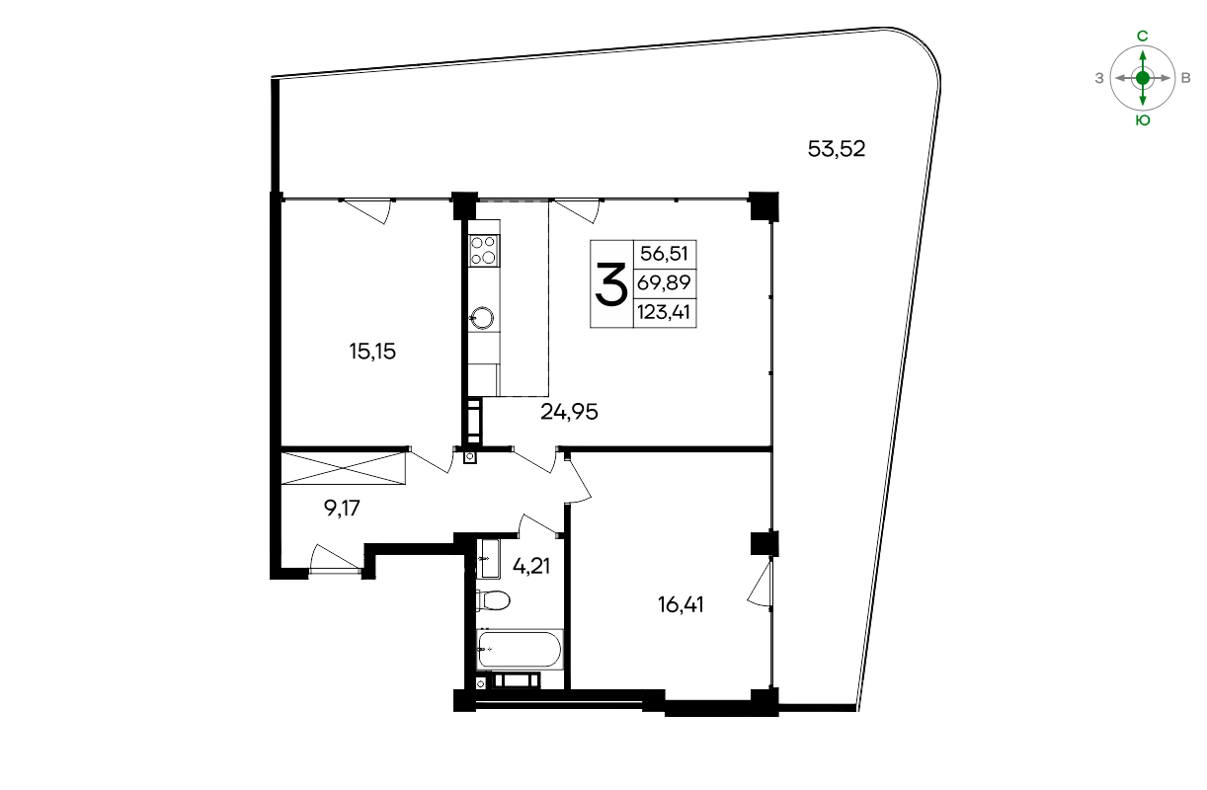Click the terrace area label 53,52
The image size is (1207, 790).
[x=837, y=149]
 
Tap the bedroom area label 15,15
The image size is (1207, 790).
[x=372, y=352]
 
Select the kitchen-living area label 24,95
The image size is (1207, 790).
[x=569, y=412]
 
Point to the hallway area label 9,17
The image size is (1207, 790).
[x=342, y=508]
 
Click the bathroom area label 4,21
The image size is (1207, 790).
[x=531, y=566]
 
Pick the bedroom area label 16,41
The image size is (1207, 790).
[x=681, y=604]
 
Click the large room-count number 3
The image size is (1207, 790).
[x=611, y=284]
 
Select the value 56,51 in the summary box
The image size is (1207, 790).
[x=664, y=254]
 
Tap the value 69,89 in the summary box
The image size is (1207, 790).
[x=664, y=282]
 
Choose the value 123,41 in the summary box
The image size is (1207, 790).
[x=664, y=312]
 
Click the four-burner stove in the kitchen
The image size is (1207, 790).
[x=484, y=251]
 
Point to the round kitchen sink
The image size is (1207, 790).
[x=482, y=318]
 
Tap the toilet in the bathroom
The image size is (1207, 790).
[x=493, y=599]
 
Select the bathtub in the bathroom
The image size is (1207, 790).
[x=520, y=650]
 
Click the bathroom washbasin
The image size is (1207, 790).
[x=489, y=559]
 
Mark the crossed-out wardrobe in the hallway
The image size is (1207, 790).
[x=344, y=468]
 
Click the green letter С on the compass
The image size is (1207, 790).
[x=1143, y=37]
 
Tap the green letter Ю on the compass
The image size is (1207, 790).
[x=1143, y=120]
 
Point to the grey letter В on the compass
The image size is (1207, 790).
[x=1185, y=79]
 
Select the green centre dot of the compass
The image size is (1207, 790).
[x=1143, y=78]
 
